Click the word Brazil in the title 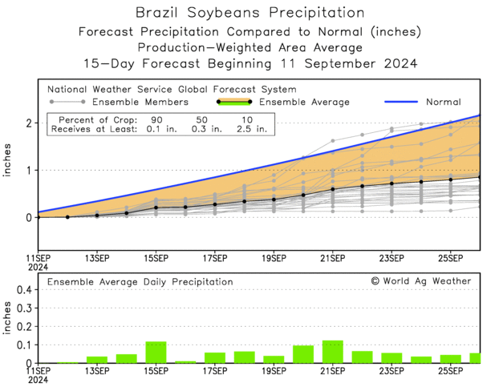160,13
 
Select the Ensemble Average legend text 305,103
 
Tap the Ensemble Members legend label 141,103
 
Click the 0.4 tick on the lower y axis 23,290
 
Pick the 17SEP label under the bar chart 215,371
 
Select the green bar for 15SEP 156,353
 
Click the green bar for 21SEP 332,352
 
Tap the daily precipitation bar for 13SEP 97,360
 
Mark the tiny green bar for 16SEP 185,362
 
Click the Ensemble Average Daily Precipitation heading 140,282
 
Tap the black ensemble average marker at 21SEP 332,189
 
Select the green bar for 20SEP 303,354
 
